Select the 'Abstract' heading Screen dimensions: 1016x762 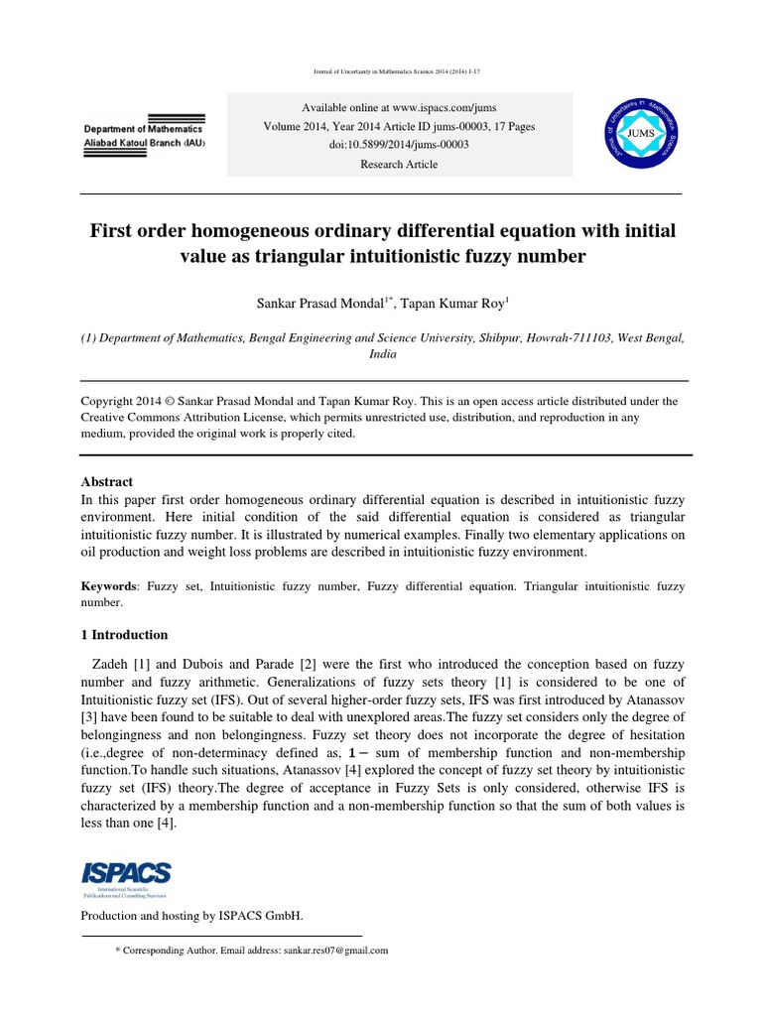[106, 481]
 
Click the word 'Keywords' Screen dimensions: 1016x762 [110, 587]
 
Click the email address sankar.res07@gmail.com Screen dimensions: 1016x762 [322, 950]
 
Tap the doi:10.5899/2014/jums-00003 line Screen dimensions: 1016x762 [398, 145]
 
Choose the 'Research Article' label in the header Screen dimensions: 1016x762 [398, 165]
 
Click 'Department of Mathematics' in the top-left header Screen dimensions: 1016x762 [143, 129]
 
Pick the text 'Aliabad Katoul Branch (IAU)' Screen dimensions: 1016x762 [144, 144]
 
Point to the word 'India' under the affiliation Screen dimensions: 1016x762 [382, 353]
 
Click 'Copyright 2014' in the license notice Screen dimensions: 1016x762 [122, 402]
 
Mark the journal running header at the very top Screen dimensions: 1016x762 [382, 72]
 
